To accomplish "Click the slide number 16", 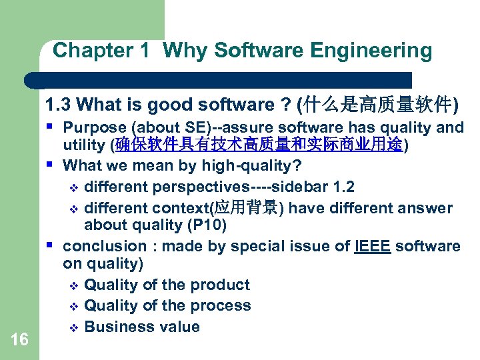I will point(20,340).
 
